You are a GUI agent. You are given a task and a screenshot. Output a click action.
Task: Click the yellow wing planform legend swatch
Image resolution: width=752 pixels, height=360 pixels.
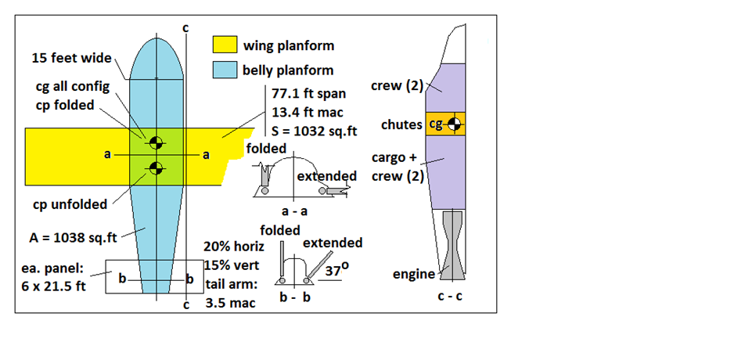click(x=225, y=47)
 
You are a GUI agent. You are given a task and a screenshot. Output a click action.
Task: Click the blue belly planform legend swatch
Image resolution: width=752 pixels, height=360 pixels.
click(x=225, y=70)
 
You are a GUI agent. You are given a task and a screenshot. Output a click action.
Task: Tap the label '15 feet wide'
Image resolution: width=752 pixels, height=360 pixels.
click(x=71, y=58)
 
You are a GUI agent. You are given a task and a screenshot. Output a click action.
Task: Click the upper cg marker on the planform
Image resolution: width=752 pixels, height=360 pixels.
click(x=156, y=142)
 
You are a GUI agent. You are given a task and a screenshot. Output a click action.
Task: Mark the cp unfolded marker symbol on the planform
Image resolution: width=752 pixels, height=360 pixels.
click(x=156, y=167)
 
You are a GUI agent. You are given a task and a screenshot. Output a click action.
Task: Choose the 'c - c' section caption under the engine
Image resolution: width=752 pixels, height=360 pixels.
click(x=449, y=297)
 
